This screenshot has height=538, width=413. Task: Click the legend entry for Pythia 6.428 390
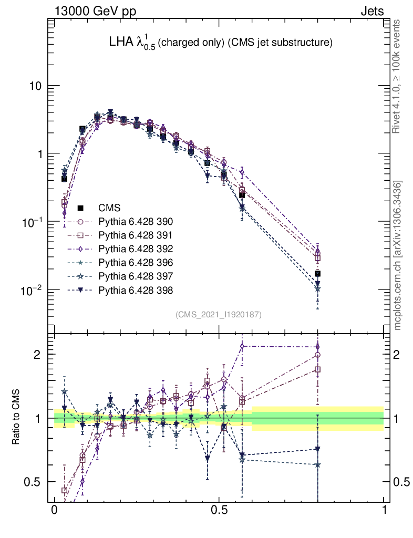(136, 222)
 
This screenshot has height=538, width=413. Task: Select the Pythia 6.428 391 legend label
(136, 235)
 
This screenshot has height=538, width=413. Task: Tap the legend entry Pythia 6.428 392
(136, 249)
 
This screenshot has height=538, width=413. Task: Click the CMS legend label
(110, 208)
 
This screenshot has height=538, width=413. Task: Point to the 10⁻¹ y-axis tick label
(32, 222)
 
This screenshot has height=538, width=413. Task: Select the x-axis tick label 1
(384, 511)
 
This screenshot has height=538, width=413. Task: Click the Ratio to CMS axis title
(16, 418)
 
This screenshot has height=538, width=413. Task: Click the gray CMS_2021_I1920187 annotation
(219, 314)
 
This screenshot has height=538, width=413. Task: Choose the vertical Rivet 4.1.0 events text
(398, 76)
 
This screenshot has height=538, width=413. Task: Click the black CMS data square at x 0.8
(317, 274)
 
